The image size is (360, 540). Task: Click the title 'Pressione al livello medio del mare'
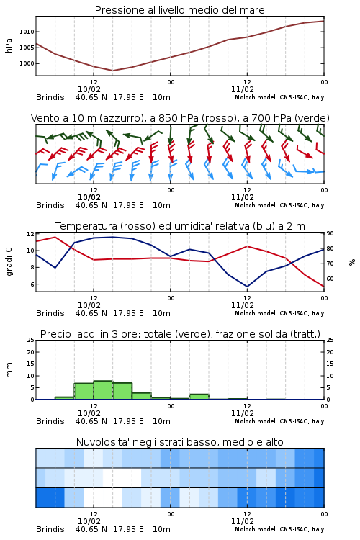pyautogui.click(x=179, y=10)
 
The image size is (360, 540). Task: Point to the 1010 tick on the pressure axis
pyautogui.click(x=27, y=32)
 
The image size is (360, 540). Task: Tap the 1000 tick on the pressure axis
pyautogui.click(x=27, y=63)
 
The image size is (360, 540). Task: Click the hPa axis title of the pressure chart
pyautogui.click(x=9, y=45)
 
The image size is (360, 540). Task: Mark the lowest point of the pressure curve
pyautogui.click(x=112, y=71)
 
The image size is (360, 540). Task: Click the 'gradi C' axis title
pyautogui.click(x=9, y=261)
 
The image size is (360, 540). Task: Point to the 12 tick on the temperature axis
pyautogui.click(x=30, y=234)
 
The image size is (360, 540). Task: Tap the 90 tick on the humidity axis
pyautogui.click(x=330, y=233)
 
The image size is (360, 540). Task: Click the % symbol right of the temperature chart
pyautogui.click(x=352, y=262)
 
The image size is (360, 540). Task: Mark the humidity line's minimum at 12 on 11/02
pyautogui.click(x=247, y=287)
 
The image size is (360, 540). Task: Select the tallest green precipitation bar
pyautogui.click(x=103, y=390)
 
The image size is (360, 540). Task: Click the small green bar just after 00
pyautogui.click(x=199, y=397)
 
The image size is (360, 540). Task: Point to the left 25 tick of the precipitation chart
pyautogui.click(x=30, y=341)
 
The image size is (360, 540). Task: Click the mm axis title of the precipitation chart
pyautogui.click(x=9, y=370)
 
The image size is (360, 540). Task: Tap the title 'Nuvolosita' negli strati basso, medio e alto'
pyautogui.click(x=179, y=442)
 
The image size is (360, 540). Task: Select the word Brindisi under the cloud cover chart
pyautogui.click(x=51, y=529)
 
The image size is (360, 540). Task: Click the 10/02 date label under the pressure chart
pyautogui.click(x=89, y=89)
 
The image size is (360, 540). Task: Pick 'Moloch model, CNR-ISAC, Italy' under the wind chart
pyautogui.click(x=279, y=205)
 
